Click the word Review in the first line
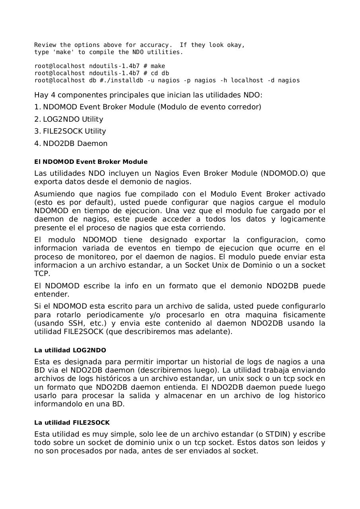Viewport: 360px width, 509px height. (45, 45)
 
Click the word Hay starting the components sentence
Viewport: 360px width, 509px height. (41, 95)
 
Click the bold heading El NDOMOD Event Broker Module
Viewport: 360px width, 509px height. (91, 162)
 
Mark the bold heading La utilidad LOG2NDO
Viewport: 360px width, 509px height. (70, 350)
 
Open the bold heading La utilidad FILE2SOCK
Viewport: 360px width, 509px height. (72, 423)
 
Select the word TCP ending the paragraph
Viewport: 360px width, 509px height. (41, 274)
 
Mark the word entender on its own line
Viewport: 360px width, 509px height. (52, 294)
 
